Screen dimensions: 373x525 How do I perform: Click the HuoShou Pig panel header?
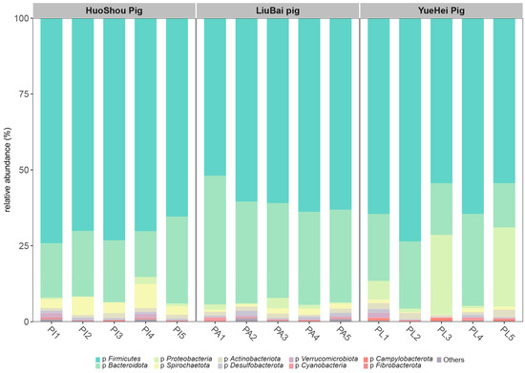[113, 10]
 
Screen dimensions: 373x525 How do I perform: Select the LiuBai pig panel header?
[278, 10]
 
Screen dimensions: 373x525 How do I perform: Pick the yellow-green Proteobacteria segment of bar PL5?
[508, 267]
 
